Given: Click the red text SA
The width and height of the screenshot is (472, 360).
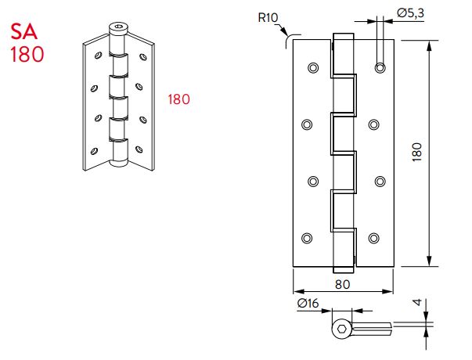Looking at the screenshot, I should [x=26, y=33].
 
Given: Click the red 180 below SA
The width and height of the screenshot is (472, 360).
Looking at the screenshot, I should [x=27, y=55].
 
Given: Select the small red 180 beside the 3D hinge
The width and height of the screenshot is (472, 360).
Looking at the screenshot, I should [x=179, y=99].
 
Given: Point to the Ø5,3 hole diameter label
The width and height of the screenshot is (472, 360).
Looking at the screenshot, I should [x=410, y=13].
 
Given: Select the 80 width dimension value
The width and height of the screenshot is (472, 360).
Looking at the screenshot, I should [x=342, y=284].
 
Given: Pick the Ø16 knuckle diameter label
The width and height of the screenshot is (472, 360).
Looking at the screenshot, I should [x=308, y=305].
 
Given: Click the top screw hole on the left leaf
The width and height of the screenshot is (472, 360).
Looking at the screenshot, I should [x=313, y=68].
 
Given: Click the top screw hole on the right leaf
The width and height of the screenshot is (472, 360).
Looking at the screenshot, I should [x=380, y=68].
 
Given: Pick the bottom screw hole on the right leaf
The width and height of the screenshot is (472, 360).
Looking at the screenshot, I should [x=374, y=238].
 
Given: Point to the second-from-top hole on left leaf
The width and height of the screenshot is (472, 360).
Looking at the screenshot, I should [x=306, y=124].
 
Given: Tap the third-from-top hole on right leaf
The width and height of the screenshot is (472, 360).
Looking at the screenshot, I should [x=380, y=182].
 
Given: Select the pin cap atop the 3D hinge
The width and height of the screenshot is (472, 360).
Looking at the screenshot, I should [x=117, y=30].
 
